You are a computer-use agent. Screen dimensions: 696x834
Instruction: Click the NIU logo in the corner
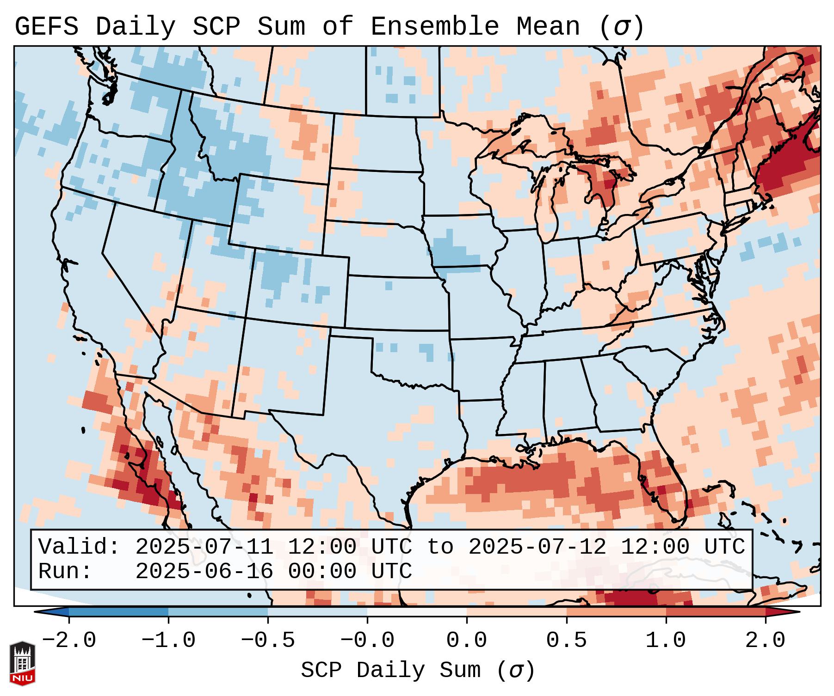[x=22, y=663]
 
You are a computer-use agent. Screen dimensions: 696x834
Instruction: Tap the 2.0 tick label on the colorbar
[x=765, y=641]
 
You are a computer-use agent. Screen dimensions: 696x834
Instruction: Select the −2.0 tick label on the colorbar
[x=69, y=641]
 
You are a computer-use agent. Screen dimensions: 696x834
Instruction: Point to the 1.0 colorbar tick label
[x=666, y=641]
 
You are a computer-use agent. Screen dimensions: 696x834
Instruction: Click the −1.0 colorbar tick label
[x=168, y=641]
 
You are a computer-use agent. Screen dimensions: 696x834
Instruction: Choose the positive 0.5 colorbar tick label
[x=566, y=641]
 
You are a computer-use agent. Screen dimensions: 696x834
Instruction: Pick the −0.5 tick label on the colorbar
[x=268, y=641]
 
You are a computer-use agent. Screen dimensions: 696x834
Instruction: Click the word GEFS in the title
[x=46, y=26]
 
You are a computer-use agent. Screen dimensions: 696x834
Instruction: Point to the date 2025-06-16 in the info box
[x=204, y=571]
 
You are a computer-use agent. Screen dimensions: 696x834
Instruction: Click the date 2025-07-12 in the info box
[x=537, y=547]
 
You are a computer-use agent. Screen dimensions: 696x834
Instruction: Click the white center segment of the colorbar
[x=417, y=612]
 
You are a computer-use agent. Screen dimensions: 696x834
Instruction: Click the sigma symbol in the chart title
[x=621, y=26]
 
